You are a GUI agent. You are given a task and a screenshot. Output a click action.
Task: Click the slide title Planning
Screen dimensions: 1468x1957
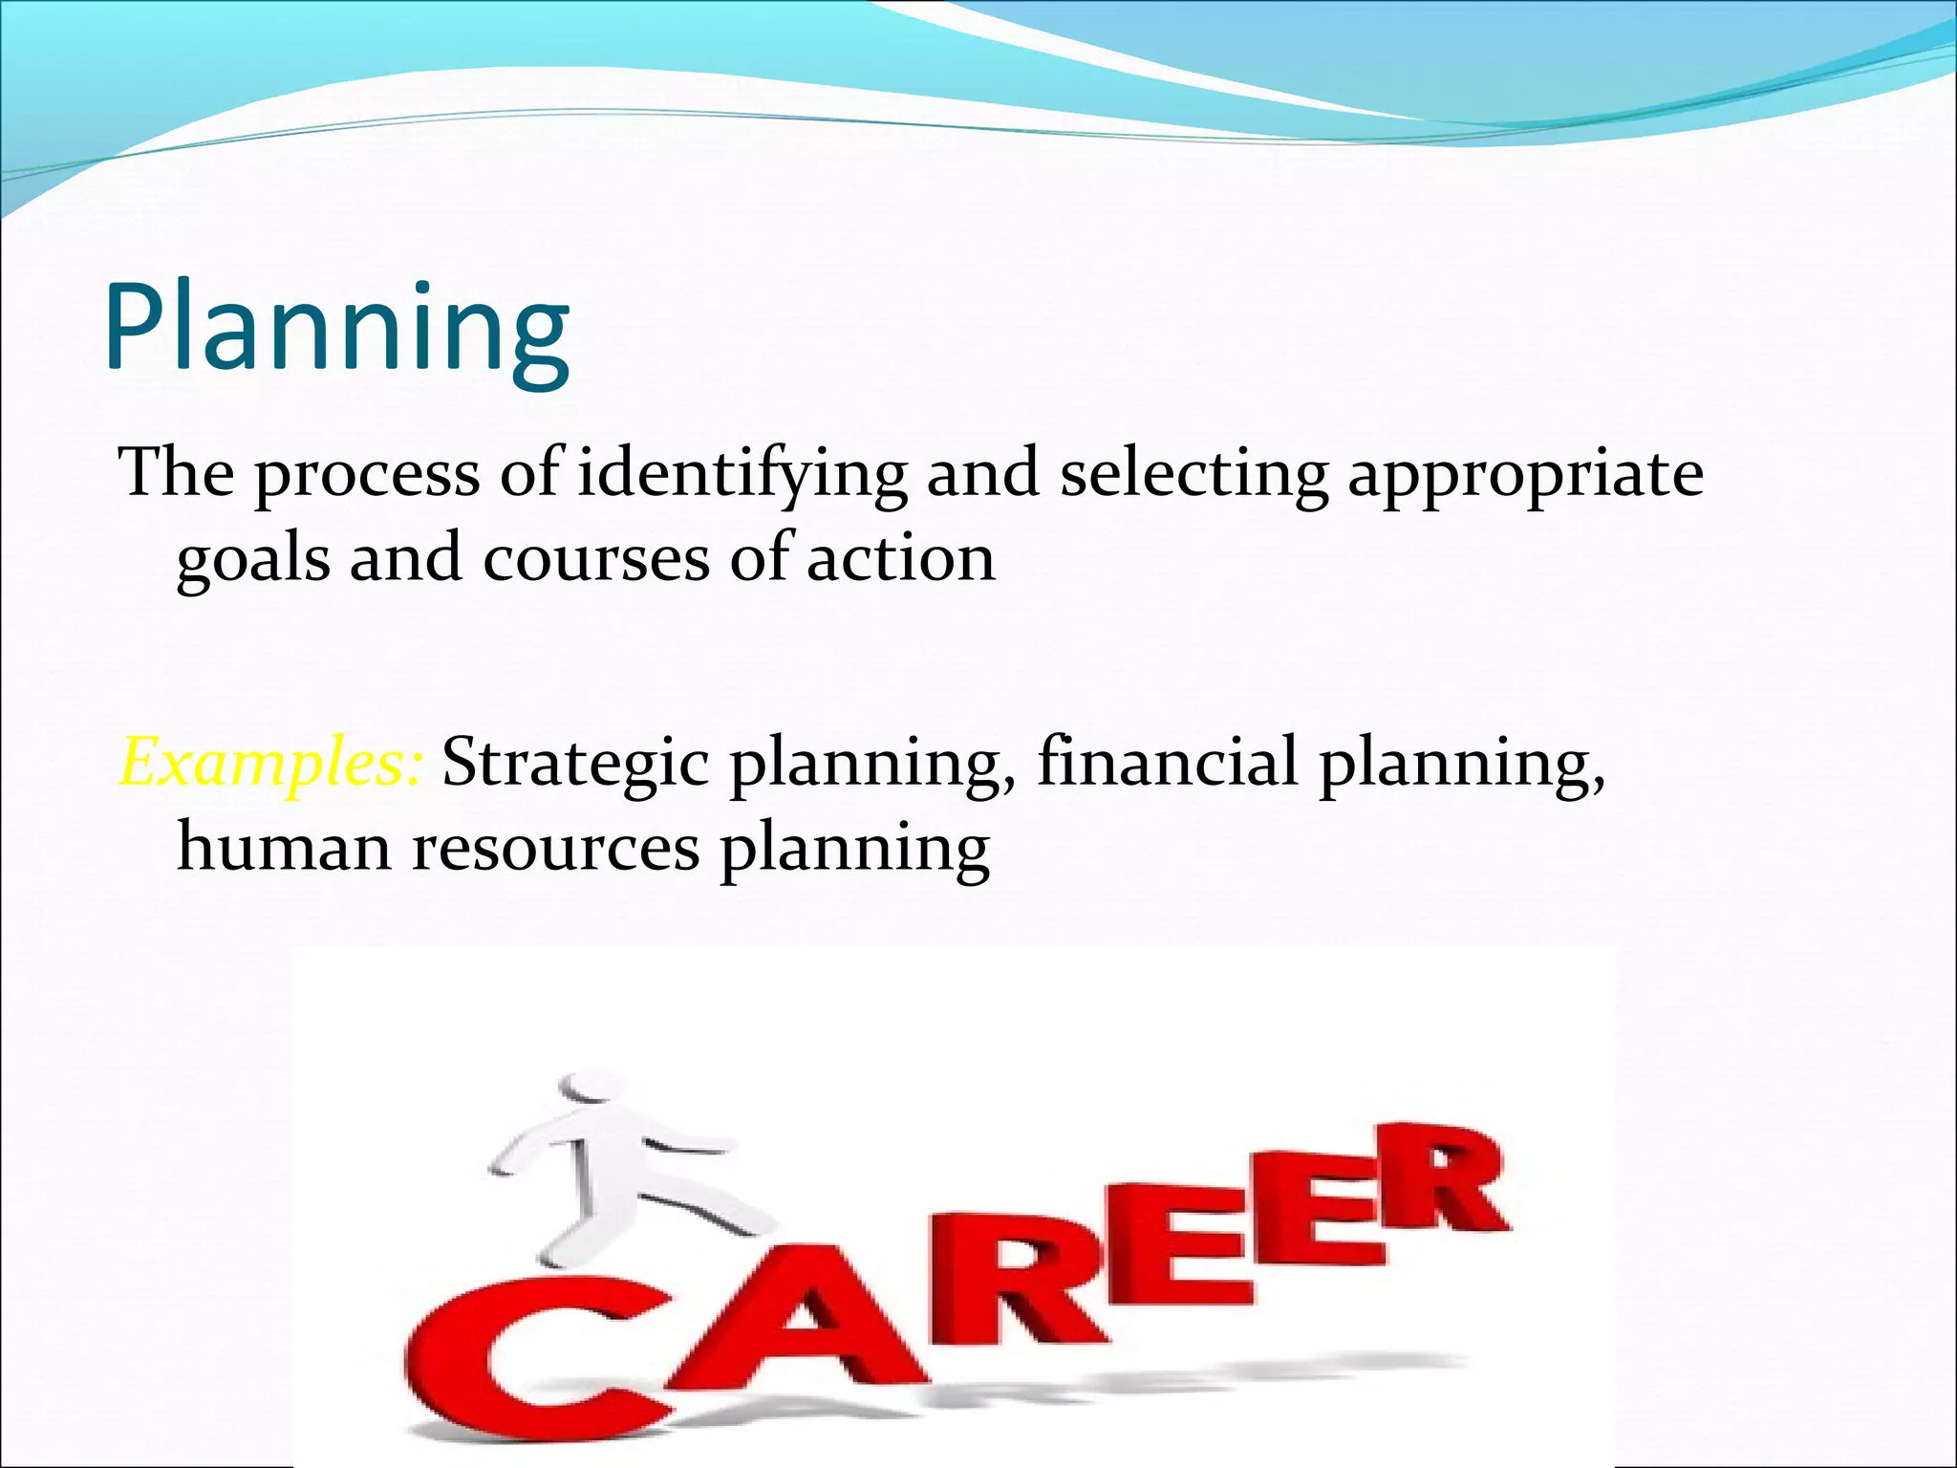coord(336,328)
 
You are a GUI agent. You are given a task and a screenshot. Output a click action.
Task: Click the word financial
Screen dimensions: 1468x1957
coord(1168,763)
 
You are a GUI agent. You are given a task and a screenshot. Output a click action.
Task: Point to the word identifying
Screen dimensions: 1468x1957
coord(742,474)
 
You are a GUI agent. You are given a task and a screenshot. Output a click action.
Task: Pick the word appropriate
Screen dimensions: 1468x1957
coord(1525,476)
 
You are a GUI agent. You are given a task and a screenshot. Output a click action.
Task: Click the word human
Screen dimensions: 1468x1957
coord(284,847)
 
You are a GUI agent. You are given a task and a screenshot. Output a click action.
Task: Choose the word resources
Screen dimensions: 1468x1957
coord(555,849)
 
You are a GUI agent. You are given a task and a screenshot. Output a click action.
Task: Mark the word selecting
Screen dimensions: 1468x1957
coord(1194,474)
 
